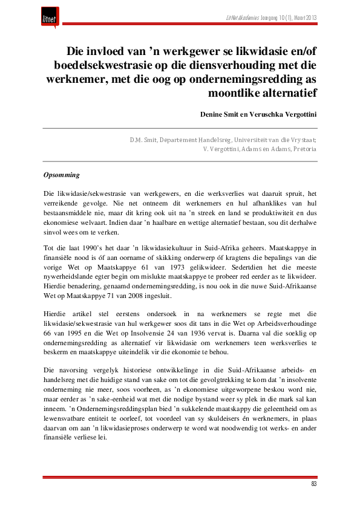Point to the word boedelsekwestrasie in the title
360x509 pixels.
[101, 64]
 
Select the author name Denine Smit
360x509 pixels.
[220, 114]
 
